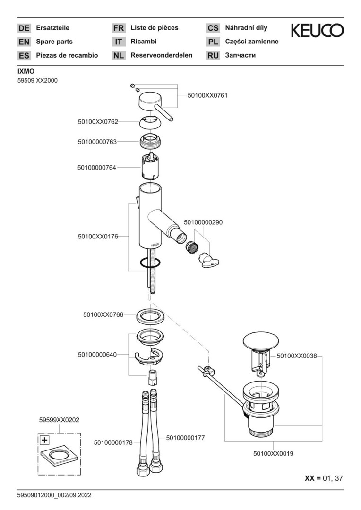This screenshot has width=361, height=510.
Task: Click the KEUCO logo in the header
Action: click(x=317, y=31)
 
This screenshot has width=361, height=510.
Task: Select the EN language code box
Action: click(x=24, y=42)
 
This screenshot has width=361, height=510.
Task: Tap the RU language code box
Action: click(x=213, y=55)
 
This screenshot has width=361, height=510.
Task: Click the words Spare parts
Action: click(x=54, y=42)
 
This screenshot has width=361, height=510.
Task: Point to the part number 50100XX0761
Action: click(x=207, y=95)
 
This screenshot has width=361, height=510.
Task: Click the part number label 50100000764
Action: click(x=97, y=167)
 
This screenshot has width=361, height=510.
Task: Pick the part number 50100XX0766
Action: click(x=103, y=314)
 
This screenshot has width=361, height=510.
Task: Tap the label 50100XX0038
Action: click(x=296, y=357)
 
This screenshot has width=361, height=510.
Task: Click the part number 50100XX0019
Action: click(x=274, y=454)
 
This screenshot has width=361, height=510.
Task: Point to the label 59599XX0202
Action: click(x=59, y=419)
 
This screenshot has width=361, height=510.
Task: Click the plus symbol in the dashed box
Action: click(x=44, y=440)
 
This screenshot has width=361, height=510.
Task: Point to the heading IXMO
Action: click(x=26, y=71)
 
